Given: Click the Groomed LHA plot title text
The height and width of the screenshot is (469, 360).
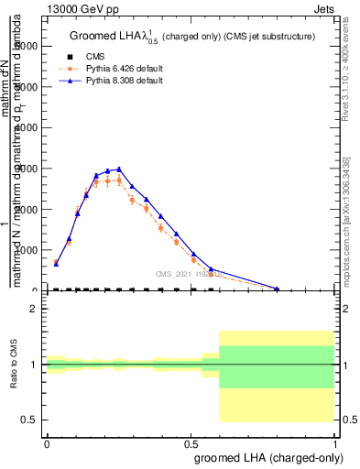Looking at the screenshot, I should pyautogui.click(x=192, y=37).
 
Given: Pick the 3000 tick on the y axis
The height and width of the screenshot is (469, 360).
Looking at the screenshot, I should pyautogui.click(x=31, y=169).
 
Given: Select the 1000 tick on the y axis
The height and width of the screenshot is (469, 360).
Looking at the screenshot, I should pyautogui.click(x=31, y=250).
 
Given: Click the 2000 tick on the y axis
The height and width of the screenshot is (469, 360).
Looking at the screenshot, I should pyautogui.click(x=31, y=210).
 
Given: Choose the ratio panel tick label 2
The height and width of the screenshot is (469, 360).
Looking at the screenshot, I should pyautogui.click(x=34, y=309).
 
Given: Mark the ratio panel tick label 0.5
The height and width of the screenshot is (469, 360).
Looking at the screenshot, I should pyautogui.click(x=30, y=420).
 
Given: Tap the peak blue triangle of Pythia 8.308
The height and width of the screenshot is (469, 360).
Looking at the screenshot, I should pyautogui.click(x=119, y=169).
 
